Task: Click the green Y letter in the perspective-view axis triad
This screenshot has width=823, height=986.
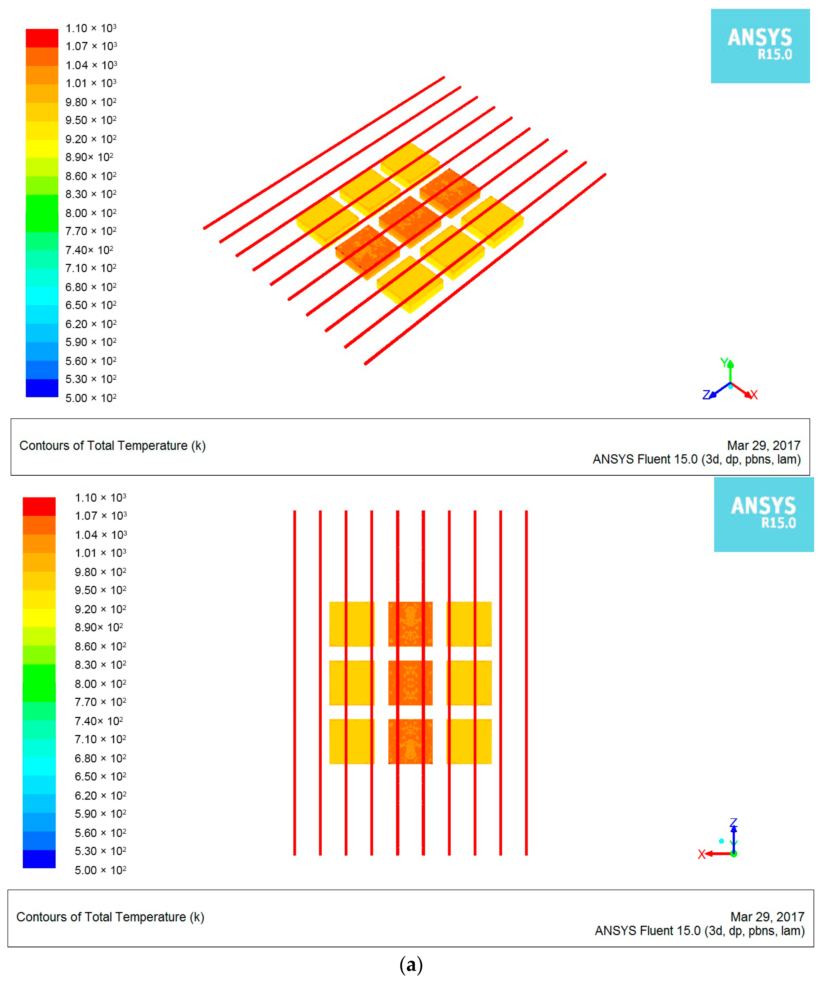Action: [x=724, y=362]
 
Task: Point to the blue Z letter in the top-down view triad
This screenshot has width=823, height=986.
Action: [x=733, y=823]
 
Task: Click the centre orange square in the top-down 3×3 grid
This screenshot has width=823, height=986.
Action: [x=410, y=683]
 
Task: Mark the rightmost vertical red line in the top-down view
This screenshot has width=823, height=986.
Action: [x=526, y=683]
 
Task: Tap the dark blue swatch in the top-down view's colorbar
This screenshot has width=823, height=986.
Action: [x=39, y=859]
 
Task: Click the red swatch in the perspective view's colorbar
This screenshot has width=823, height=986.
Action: [x=42, y=38]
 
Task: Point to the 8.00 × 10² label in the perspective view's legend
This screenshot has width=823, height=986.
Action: [x=91, y=213]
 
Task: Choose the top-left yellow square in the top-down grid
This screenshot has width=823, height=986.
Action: [x=352, y=624]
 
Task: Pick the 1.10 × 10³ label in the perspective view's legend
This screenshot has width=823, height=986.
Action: [x=91, y=28]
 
